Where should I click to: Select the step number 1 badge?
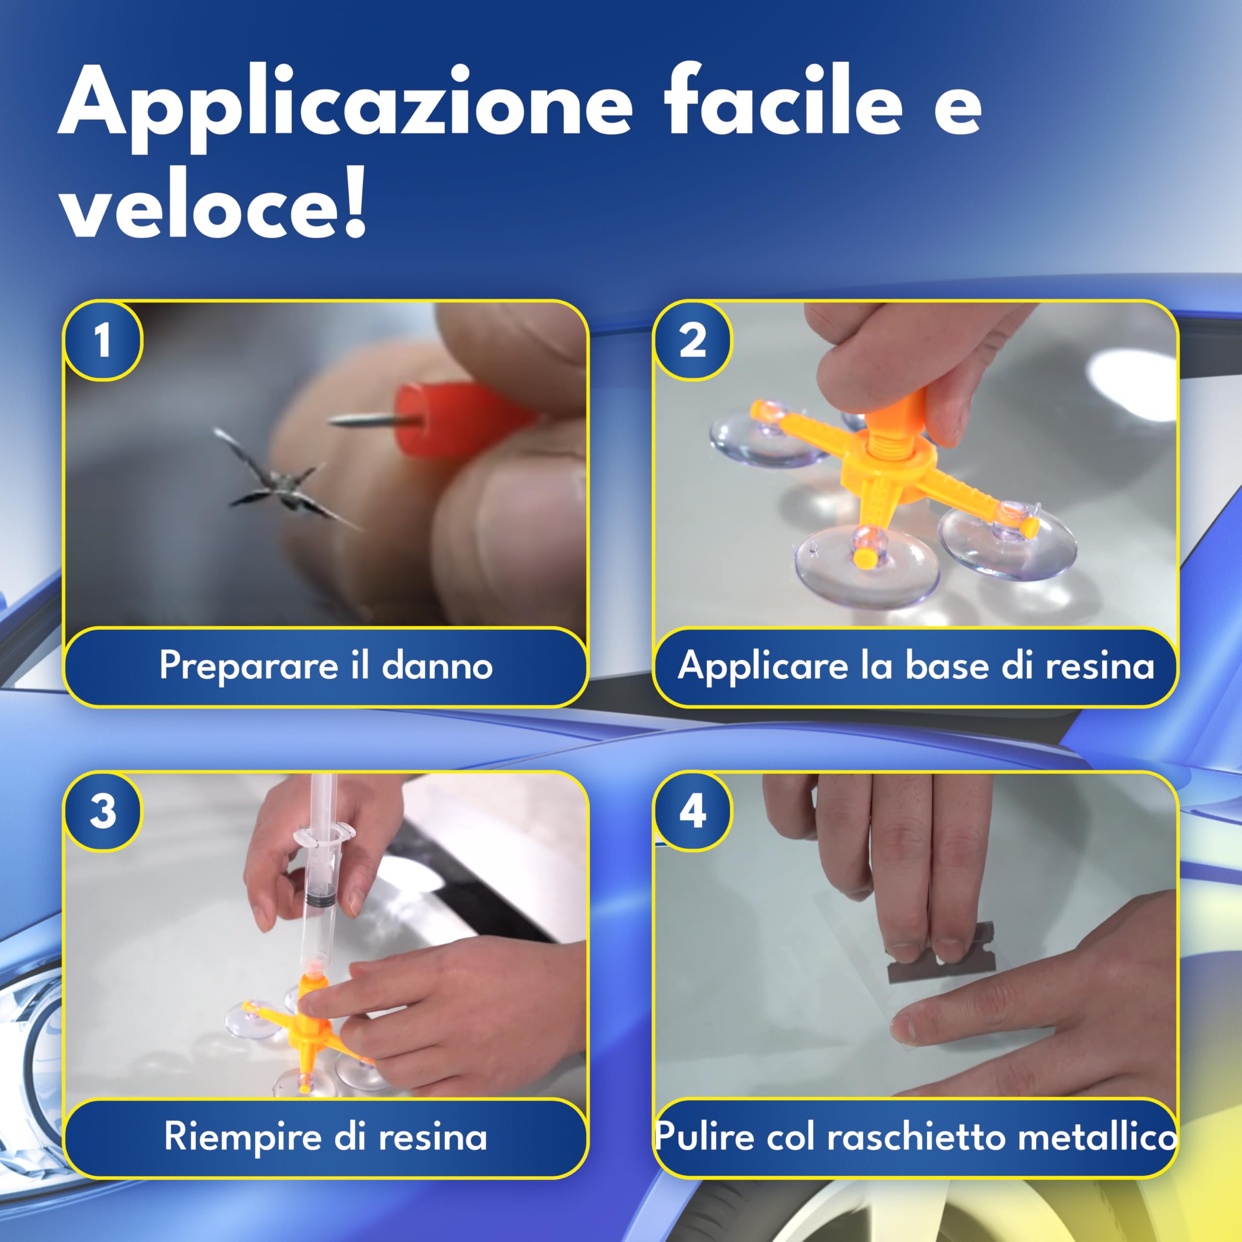coord(103,341)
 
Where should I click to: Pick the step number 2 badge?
coord(692,341)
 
